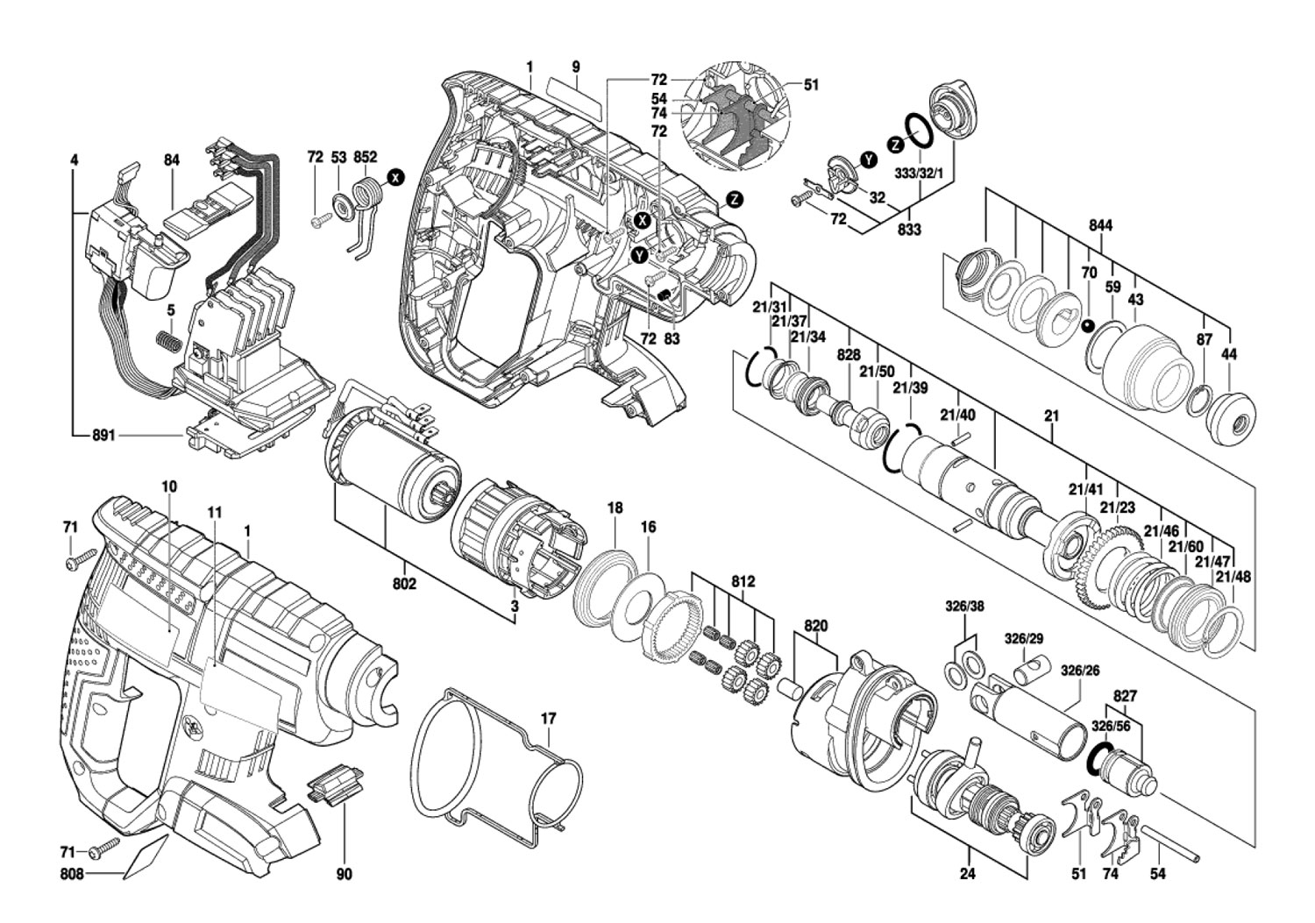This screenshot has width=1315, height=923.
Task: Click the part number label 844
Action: [x=1101, y=225]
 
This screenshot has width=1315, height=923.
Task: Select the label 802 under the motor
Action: [x=404, y=584]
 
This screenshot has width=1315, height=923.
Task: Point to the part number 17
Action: [x=548, y=719]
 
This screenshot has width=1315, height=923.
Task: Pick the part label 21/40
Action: [x=957, y=415]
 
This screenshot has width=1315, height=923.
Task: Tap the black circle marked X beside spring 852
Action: [x=396, y=177]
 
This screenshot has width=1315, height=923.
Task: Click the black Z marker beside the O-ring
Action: [x=895, y=145]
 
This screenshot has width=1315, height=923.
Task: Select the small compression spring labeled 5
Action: [x=168, y=341]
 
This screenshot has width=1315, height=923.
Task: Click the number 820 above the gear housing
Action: [x=815, y=626]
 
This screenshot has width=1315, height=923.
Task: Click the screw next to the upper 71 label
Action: [x=81, y=558]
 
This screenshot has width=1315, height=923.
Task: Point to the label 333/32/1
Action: [x=920, y=174]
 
